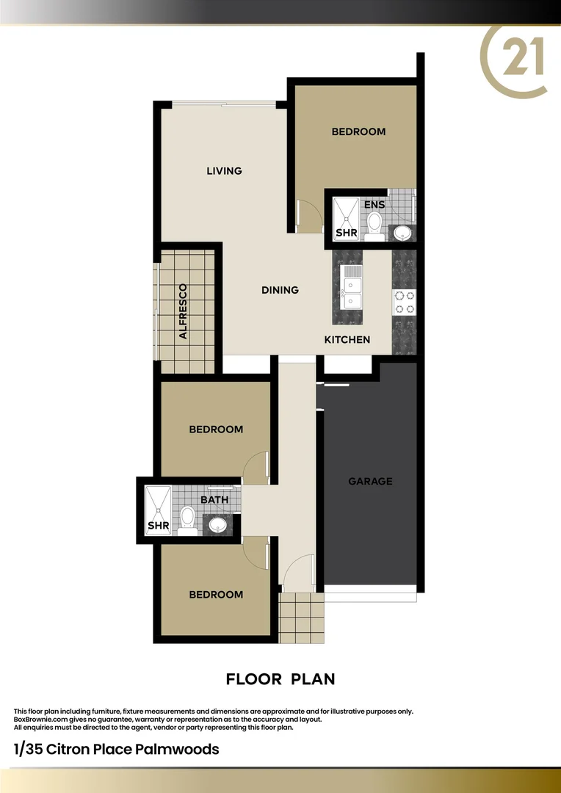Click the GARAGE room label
click(x=370, y=482)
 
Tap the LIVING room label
click(x=224, y=171)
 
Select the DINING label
click(x=280, y=290)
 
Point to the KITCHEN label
click(x=347, y=340)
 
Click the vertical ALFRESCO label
click(x=184, y=311)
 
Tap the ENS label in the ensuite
click(x=374, y=205)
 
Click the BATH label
click(x=214, y=500)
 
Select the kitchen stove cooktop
click(x=404, y=302)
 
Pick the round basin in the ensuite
click(x=402, y=233)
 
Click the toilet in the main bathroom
click(x=187, y=518)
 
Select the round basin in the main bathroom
click(x=217, y=525)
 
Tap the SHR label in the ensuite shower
click(x=346, y=233)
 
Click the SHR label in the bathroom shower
click(x=159, y=526)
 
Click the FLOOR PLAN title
click(x=280, y=679)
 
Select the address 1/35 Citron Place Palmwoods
click(x=116, y=750)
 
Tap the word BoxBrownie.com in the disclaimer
click(x=39, y=720)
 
